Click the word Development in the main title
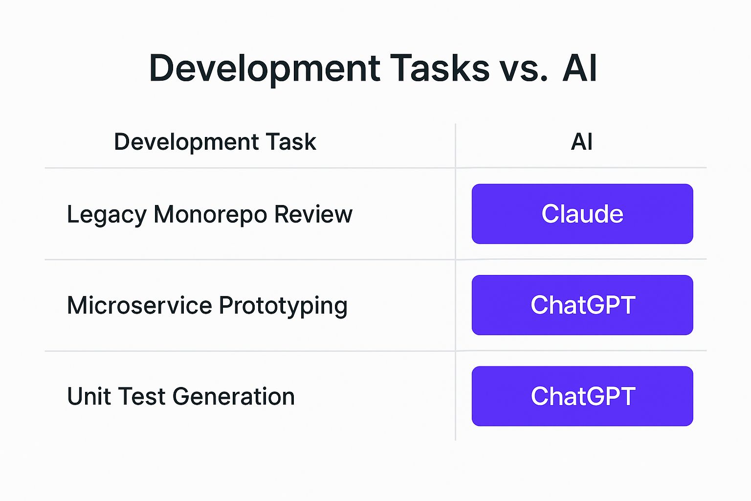pyautogui.click(x=265, y=68)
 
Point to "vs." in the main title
pyautogui.click(x=524, y=68)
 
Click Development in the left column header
pyautogui.click(x=186, y=142)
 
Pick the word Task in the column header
pyautogui.click(x=291, y=142)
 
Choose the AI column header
pyautogui.click(x=582, y=142)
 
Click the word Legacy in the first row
pyautogui.click(x=107, y=215)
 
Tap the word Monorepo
pyautogui.click(x=210, y=214)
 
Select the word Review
pyautogui.click(x=313, y=214)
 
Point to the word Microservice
pyautogui.click(x=139, y=305)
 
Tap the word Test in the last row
pyautogui.click(x=141, y=396)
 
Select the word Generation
pyautogui.click(x=233, y=396)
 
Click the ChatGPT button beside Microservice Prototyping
pyautogui.click(x=582, y=305)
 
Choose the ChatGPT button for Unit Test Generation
pyautogui.click(x=582, y=396)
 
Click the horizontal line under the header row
pyautogui.click(x=244, y=168)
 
